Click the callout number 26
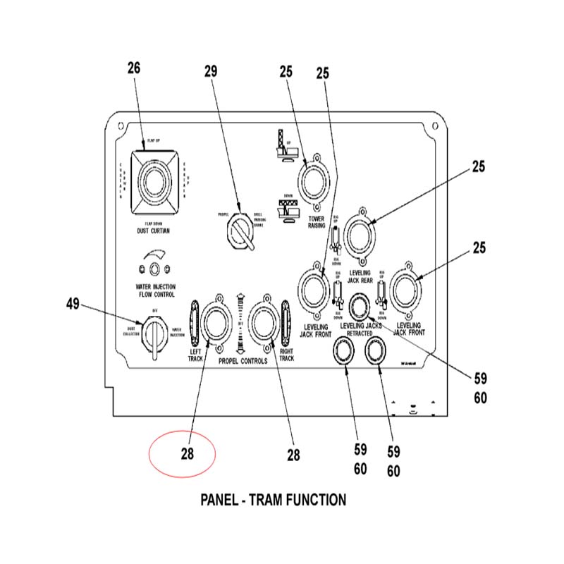(134, 68)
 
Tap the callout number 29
(211, 71)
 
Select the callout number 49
(73, 305)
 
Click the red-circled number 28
(186, 454)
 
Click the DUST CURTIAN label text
(153, 231)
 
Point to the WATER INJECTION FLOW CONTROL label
(155, 290)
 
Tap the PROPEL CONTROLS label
(243, 360)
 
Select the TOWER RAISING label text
(316, 223)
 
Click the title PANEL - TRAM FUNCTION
(274, 500)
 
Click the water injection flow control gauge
(155, 266)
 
